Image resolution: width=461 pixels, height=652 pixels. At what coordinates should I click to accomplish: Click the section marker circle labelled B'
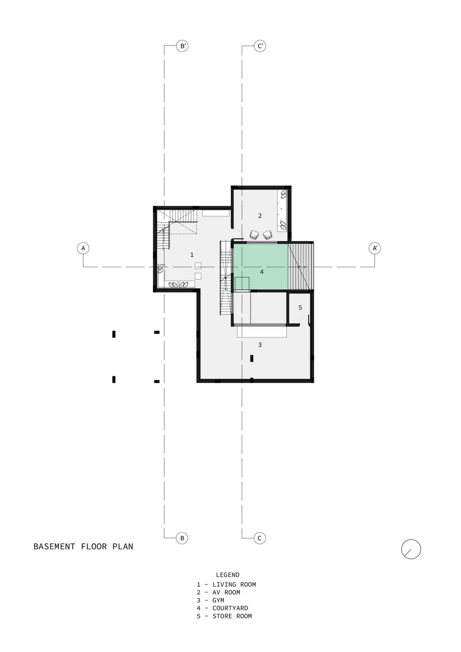pyautogui.click(x=182, y=46)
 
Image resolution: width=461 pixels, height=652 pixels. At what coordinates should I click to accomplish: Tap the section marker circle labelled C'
pyautogui.click(x=260, y=46)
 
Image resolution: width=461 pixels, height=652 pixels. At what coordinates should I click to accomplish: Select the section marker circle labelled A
pyautogui.click(x=83, y=248)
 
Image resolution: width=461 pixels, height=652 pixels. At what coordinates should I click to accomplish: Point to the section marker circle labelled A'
pyautogui.click(x=375, y=248)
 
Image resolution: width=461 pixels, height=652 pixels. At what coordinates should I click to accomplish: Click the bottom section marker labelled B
pyautogui.click(x=182, y=538)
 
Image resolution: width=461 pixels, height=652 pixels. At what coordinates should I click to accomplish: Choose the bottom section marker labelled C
pyautogui.click(x=260, y=538)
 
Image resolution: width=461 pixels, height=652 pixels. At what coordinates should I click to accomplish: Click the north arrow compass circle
pyautogui.click(x=411, y=549)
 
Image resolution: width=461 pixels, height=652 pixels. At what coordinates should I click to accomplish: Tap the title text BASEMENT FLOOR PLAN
pyautogui.click(x=83, y=547)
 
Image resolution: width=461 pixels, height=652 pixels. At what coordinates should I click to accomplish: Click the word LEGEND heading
pyautogui.click(x=228, y=575)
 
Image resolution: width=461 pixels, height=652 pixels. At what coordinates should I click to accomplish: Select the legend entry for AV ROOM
pyautogui.click(x=219, y=592)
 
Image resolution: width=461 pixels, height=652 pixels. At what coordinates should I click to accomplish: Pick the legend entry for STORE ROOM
pyautogui.click(x=224, y=616)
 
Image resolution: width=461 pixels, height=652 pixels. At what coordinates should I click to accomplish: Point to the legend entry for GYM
pyautogui.click(x=211, y=600)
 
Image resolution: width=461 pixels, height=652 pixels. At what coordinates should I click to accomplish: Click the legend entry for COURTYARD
pyautogui.click(x=222, y=608)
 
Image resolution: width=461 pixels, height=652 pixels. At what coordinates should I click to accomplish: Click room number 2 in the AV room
pyautogui.click(x=260, y=216)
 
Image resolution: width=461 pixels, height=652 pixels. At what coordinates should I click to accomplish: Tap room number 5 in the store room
pyautogui.click(x=300, y=307)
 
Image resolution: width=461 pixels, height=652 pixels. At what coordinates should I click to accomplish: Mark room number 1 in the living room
pyautogui.click(x=192, y=255)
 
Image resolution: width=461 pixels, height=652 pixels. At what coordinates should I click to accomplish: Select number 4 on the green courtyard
pyautogui.click(x=262, y=271)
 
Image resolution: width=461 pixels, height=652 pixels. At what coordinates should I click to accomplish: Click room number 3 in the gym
pyautogui.click(x=260, y=345)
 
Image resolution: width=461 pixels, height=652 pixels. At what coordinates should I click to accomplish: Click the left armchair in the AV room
pyautogui.click(x=254, y=235)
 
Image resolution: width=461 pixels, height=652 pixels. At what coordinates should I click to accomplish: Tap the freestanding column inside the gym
pyautogui.click(x=252, y=358)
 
